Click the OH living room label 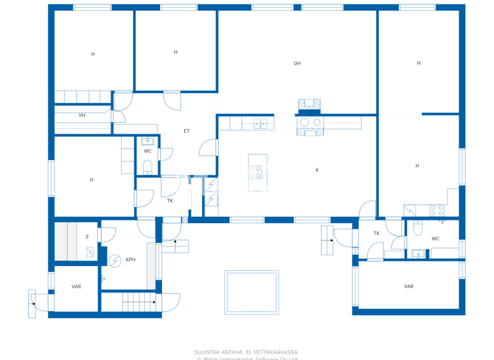click(x=297, y=64)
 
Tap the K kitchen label click(x=317, y=170)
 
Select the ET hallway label click(x=187, y=131)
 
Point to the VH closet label click(x=82, y=116)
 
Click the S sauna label click(x=87, y=237)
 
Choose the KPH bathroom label click(x=131, y=260)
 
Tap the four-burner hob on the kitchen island click(x=255, y=172)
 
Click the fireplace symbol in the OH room click(x=309, y=105)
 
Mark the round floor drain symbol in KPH click(x=114, y=260)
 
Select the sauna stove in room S click(x=90, y=253)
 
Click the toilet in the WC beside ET click(x=147, y=168)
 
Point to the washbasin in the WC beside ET click(x=148, y=141)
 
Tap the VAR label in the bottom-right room click(x=408, y=287)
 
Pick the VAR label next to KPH click(x=76, y=287)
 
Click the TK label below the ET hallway click(x=170, y=201)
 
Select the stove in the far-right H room click(x=437, y=210)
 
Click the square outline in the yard click(x=252, y=292)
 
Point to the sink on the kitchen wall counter click(x=260, y=123)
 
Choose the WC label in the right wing click(x=435, y=239)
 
